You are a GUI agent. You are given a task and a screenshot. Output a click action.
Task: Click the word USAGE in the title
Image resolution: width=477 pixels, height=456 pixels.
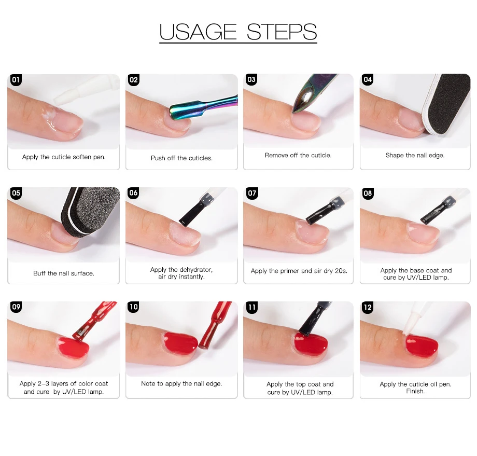(x=198, y=32)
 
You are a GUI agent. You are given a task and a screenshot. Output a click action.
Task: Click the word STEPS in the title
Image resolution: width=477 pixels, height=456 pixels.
(x=282, y=32)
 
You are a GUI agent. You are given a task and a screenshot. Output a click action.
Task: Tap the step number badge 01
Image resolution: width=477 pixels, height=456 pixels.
(x=16, y=80)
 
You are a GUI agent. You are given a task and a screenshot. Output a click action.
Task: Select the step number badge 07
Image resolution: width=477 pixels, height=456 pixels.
(x=252, y=193)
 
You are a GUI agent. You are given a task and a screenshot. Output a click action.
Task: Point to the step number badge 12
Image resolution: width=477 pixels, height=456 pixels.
(x=368, y=307)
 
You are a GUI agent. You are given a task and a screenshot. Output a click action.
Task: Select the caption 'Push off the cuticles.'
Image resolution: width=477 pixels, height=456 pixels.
(x=181, y=158)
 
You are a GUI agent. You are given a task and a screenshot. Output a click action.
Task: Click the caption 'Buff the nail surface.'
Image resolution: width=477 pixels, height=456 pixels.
(x=64, y=273)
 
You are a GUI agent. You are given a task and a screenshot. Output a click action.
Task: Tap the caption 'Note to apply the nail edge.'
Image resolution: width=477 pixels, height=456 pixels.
(x=181, y=383)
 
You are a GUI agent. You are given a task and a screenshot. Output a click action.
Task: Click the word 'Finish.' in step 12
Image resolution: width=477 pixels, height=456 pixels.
(x=415, y=391)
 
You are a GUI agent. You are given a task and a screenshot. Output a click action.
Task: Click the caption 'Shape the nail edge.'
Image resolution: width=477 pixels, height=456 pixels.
(x=415, y=155)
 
